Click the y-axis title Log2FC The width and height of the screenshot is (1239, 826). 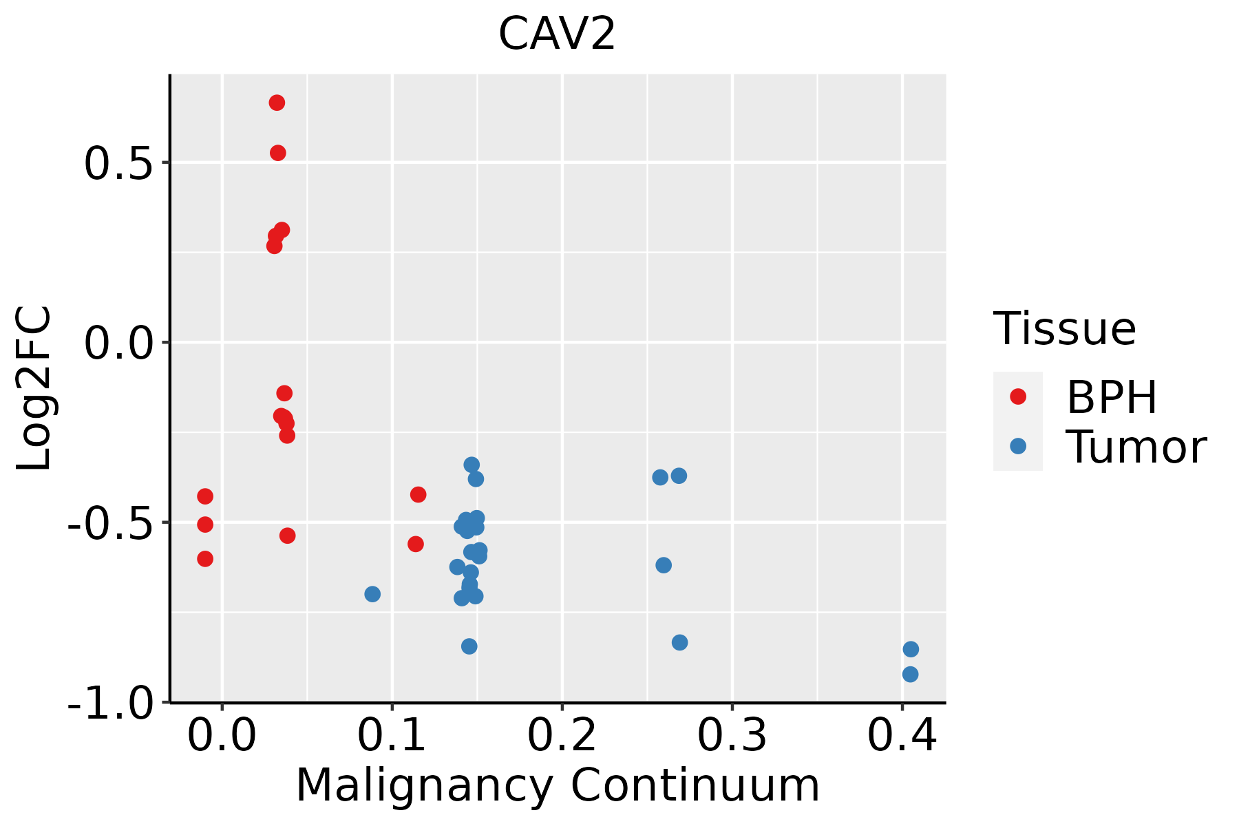(34, 389)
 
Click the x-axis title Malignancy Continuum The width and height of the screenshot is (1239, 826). (558, 786)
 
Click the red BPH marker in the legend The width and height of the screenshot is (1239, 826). (1017, 396)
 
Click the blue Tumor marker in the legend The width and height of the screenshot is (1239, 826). (1017, 446)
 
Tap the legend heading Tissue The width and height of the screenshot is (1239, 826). (1065, 329)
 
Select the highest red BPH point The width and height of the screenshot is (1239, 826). (277, 103)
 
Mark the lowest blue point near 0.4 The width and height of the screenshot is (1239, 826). (910, 675)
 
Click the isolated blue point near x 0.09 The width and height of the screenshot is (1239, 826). (372, 594)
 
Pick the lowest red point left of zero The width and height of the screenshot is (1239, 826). (205, 558)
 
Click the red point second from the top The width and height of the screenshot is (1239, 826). (277, 153)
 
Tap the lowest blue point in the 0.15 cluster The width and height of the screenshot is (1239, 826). (469, 646)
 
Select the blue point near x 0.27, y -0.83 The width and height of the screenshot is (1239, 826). (679, 642)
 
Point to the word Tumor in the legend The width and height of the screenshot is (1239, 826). (1136, 447)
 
